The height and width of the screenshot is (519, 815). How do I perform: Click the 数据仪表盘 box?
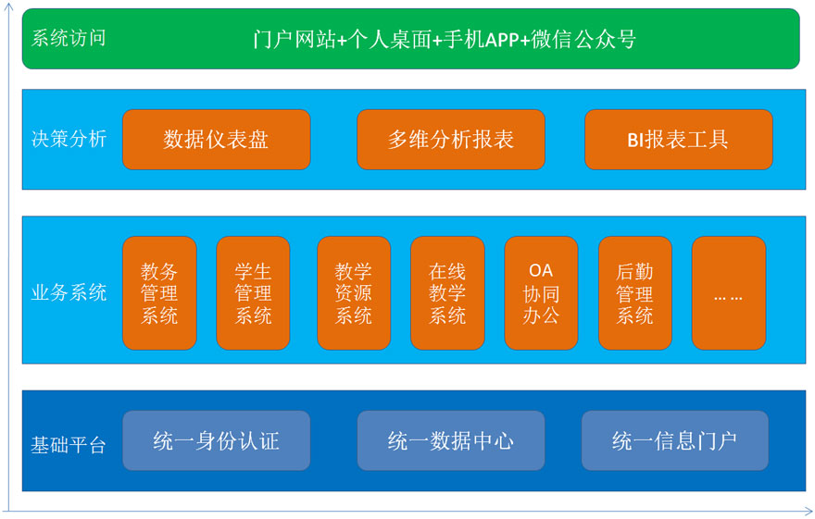tap(216, 140)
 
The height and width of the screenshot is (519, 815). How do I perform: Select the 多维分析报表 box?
tap(451, 140)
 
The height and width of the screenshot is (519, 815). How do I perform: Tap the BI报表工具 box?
tap(678, 140)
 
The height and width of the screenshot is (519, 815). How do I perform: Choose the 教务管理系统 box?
tap(159, 293)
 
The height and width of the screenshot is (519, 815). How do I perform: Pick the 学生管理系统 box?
tap(253, 293)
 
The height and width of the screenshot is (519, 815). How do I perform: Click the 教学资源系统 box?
tap(354, 293)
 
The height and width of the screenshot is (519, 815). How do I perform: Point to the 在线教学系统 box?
tap(447, 293)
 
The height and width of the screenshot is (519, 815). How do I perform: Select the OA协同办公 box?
tap(541, 293)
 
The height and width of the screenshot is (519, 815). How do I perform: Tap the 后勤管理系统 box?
tap(635, 293)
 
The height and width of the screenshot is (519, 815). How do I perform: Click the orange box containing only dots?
tap(729, 293)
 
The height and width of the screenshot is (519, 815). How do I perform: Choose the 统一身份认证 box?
tap(216, 440)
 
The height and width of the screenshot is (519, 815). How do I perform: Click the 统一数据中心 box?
tap(451, 440)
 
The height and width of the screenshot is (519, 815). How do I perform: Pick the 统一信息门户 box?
tap(674, 440)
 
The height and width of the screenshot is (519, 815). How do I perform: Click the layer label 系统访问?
tap(69, 39)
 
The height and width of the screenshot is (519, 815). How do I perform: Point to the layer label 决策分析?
tap(69, 139)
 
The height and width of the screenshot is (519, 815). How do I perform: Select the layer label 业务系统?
tap(69, 292)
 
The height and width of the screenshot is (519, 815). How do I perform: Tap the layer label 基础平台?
tap(69, 445)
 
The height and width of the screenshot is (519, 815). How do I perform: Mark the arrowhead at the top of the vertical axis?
tap(8, 4)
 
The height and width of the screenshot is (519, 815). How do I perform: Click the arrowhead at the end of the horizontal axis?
tap(810, 512)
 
